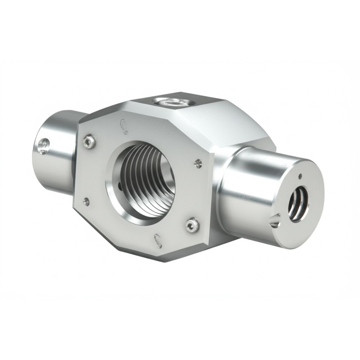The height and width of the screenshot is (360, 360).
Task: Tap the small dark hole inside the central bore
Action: point(120,186)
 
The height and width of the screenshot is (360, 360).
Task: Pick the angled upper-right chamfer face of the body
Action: point(230,122)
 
